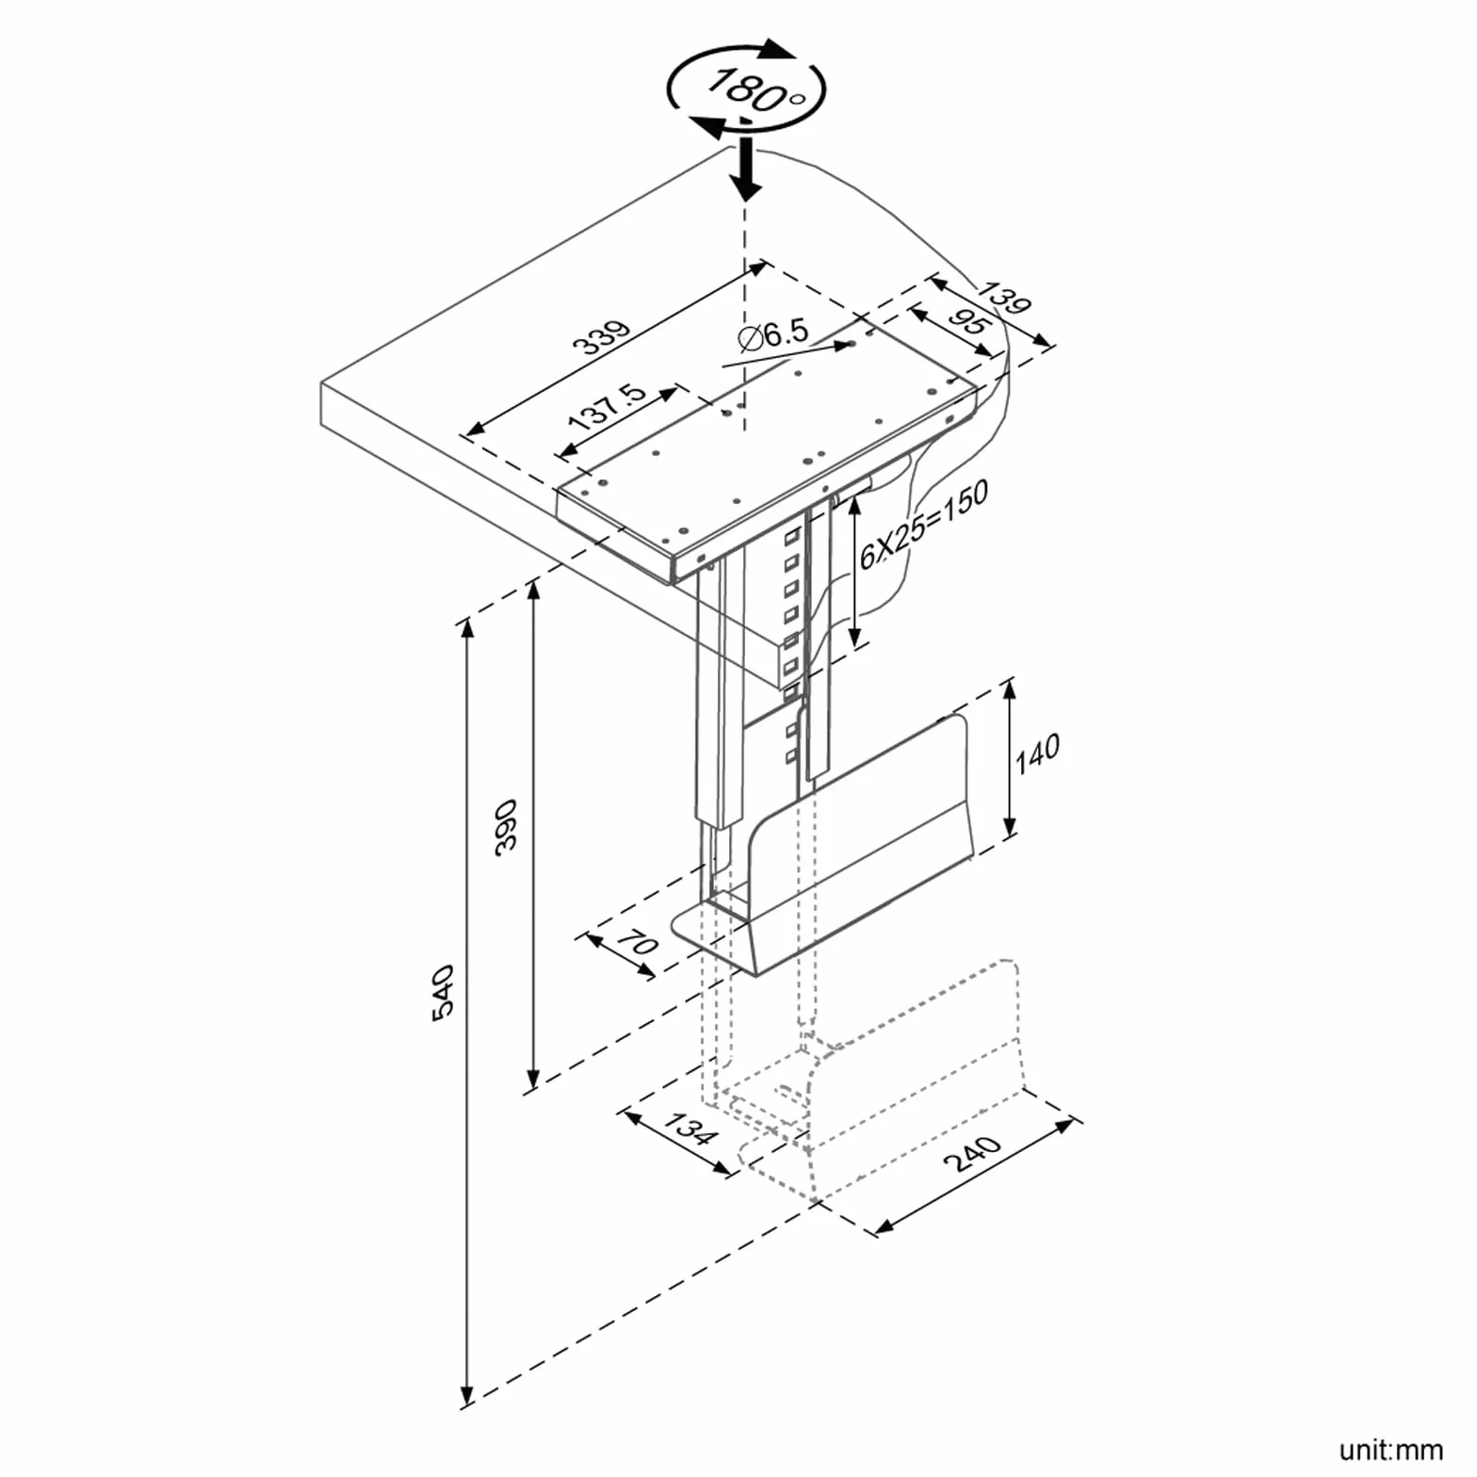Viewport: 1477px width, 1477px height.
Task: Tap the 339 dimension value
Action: click(603, 336)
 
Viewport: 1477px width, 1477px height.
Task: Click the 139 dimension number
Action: click(1004, 298)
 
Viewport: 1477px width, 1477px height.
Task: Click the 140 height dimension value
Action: click(1037, 754)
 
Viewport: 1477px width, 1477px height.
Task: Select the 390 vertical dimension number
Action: click(507, 825)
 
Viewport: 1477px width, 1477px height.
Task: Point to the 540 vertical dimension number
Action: click(444, 991)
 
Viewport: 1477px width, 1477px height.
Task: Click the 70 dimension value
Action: click(641, 942)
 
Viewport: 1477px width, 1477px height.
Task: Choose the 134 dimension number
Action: click(690, 1128)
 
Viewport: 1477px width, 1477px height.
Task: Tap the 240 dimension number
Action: click(972, 1153)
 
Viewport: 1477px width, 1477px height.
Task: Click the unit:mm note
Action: click(1390, 1449)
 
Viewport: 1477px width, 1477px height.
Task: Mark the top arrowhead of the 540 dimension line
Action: click(466, 631)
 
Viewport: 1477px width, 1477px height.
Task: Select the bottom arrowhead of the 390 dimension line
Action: click(533, 1079)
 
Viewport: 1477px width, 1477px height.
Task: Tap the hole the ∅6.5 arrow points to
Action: click(852, 345)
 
